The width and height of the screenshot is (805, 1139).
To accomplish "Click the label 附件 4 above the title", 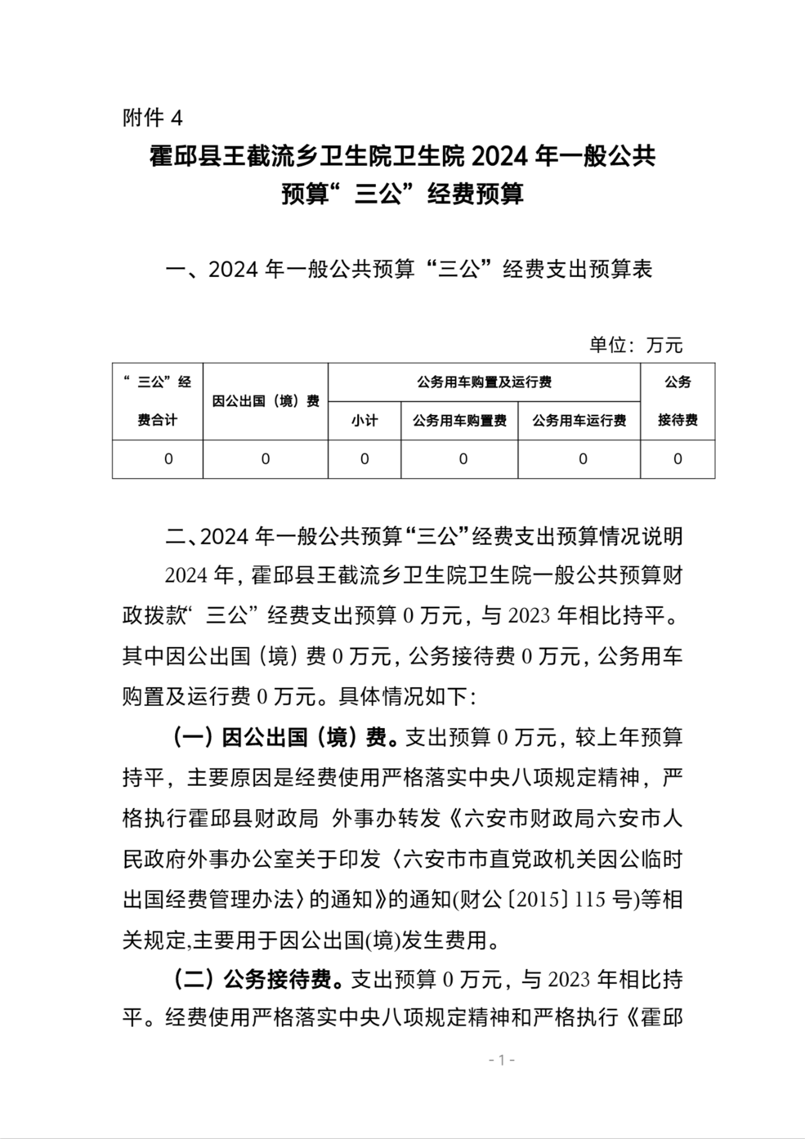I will pos(152,118).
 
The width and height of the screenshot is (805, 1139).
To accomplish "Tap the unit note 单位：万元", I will pos(635,345).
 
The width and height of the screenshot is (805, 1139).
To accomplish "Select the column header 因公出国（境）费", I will pos(265,401).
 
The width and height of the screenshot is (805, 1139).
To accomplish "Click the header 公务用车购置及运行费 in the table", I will pos(484,382).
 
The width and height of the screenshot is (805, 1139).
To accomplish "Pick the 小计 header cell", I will pos(365,421).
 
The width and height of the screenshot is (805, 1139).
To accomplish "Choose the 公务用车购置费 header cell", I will pos(460,421).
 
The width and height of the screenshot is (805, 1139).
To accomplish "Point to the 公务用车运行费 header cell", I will pos(579,421).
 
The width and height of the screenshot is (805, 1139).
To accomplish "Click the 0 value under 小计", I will pos(365,459).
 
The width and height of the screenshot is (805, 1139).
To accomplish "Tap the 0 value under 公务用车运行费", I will pos(583,459).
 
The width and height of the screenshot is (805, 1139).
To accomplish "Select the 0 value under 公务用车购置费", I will pos(463,459).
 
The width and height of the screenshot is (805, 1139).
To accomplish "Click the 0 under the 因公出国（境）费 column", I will pos(265,459).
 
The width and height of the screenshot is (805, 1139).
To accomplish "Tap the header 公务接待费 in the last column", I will pos(678,401).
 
